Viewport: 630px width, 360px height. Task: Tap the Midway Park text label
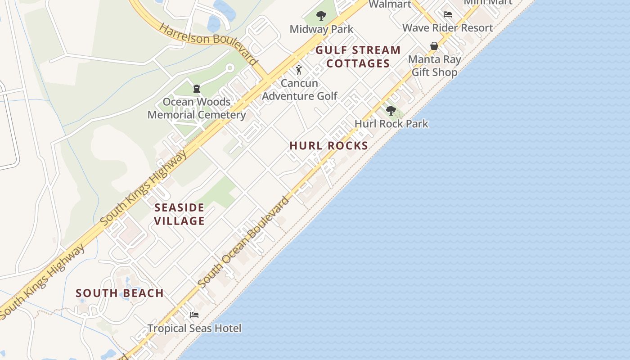pyautogui.click(x=321, y=29)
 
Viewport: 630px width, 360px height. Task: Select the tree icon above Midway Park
pyautogui.click(x=321, y=16)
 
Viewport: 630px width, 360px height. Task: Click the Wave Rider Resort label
pyautogui.click(x=447, y=28)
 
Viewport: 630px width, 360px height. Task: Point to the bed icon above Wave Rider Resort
pyautogui.click(x=447, y=14)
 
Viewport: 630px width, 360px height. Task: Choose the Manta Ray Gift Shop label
pyautogui.click(x=434, y=66)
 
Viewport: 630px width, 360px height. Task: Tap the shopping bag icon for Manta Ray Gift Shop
pyautogui.click(x=434, y=46)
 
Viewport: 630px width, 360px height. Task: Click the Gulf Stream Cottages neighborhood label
pyautogui.click(x=358, y=57)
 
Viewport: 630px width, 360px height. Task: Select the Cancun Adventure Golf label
pyautogui.click(x=299, y=90)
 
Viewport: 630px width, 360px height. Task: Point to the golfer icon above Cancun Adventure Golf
pyautogui.click(x=299, y=70)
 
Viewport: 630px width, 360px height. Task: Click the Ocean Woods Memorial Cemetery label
pyautogui.click(x=197, y=108)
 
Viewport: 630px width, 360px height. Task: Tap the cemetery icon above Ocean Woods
pyautogui.click(x=197, y=89)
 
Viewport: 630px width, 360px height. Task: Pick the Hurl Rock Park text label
pyautogui.click(x=391, y=124)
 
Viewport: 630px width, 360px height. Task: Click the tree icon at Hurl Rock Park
pyautogui.click(x=391, y=111)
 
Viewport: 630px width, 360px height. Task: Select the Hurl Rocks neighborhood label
pyautogui.click(x=329, y=146)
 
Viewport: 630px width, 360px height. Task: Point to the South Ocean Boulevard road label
pyautogui.click(x=243, y=243)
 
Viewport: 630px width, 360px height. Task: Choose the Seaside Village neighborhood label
pyautogui.click(x=180, y=214)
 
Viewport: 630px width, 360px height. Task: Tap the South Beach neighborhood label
pyautogui.click(x=120, y=293)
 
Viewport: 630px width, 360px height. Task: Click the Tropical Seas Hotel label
pyautogui.click(x=194, y=328)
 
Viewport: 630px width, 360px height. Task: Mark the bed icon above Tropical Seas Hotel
pyautogui.click(x=194, y=315)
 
